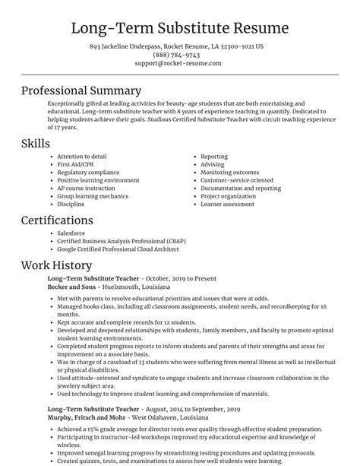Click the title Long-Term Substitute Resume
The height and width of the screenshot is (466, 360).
(179, 28)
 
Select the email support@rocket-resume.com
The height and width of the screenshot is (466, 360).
(179, 63)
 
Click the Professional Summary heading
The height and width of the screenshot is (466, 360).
(92, 90)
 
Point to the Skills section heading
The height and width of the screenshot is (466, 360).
(36, 144)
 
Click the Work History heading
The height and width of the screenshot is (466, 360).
(56, 265)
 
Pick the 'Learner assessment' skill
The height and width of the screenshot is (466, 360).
(229, 204)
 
